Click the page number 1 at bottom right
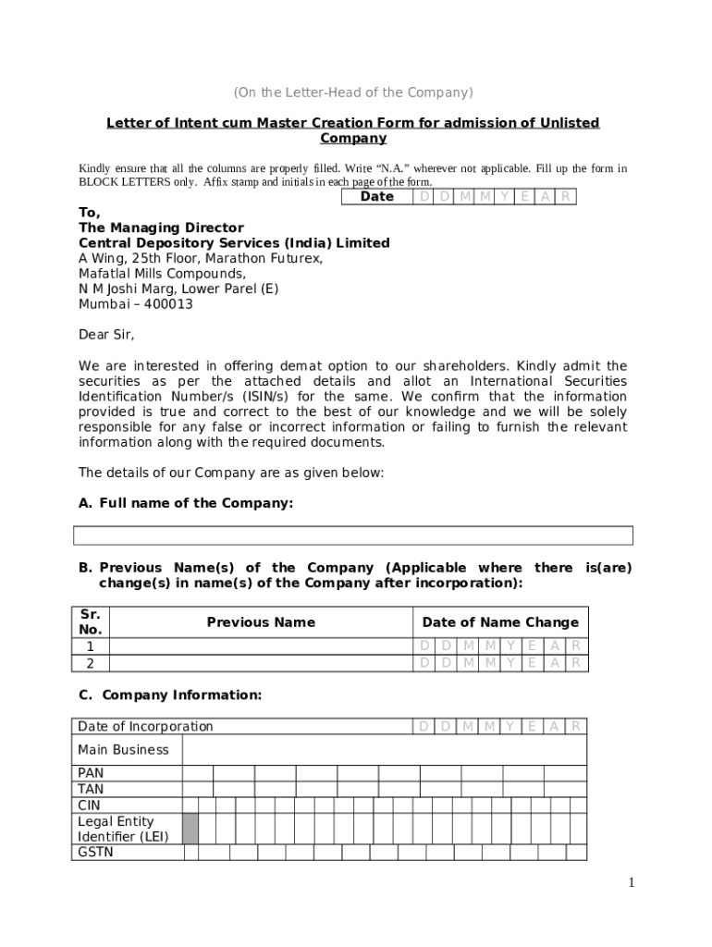[632, 883]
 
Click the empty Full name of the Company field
[353, 535]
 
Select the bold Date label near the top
[376, 197]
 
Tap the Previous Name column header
[261, 622]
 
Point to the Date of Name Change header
[500, 622]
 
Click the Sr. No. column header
[91, 621]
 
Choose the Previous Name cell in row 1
[261, 646]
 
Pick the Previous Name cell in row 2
[261, 662]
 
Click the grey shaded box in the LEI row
[190, 829]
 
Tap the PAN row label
[91, 773]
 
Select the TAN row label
[91, 790]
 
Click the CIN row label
[89, 806]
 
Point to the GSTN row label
[95, 852]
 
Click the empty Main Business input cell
[384, 750]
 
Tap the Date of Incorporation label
[145, 727]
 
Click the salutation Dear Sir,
[106, 334]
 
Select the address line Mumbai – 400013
[135, 304]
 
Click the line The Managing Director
[161, 228]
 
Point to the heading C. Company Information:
[170, 695]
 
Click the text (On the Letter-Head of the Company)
[352, 92]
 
